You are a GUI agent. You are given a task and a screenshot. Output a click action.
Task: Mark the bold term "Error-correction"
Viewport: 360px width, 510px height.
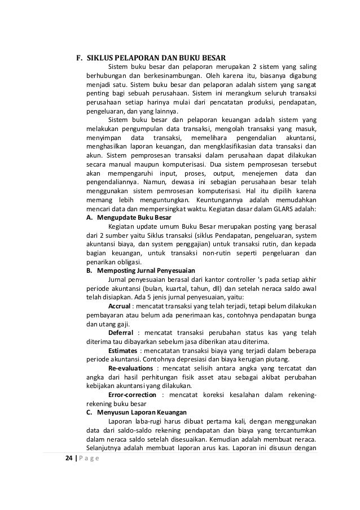pyautogui.click(x=133, y=394)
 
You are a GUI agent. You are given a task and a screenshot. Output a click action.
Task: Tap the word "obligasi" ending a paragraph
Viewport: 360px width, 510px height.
pyautogui.click(x=129, y=261)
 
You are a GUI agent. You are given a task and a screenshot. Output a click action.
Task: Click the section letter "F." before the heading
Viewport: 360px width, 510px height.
pyautogui.click(x=80, y=57)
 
